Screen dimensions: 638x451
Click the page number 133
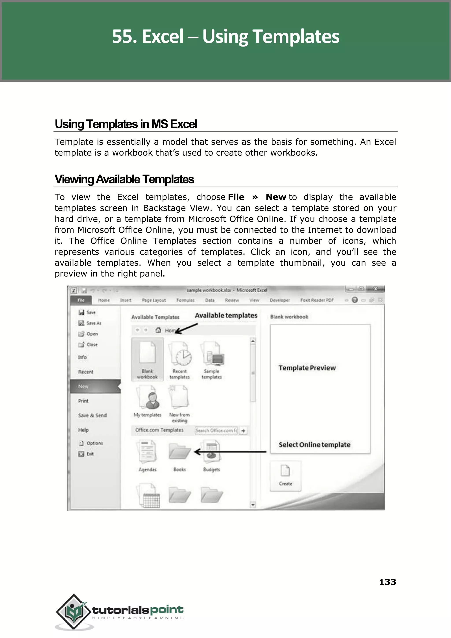pos(387,582)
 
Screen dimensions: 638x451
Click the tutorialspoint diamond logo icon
pos(74,611)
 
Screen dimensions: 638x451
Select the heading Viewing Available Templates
pos(124,179)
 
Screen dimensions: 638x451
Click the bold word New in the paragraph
pos(275,197)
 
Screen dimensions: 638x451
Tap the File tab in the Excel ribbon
pos(81,300)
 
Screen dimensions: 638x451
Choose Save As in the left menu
pos(93,323)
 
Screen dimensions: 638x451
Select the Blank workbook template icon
pos(147,353)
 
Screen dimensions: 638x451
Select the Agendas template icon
pos(147,452)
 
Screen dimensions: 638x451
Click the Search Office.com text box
pos(216,430)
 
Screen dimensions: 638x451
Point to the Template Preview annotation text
pos(307,368)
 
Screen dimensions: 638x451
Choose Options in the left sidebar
pos(94,443)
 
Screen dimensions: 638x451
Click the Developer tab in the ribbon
pos(279,300)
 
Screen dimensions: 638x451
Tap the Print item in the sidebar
pos(83,401)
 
